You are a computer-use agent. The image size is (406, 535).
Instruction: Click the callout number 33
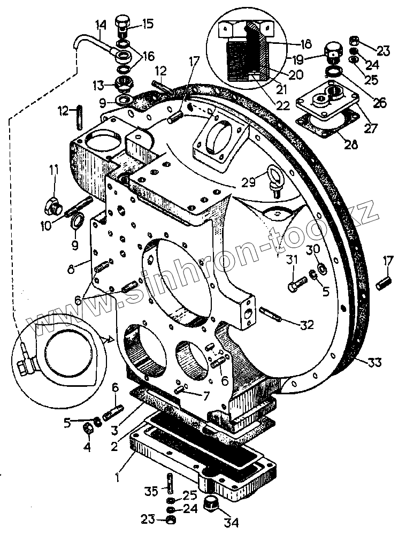tap(374, 363)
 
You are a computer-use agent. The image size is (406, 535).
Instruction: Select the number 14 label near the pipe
tap(101, 25)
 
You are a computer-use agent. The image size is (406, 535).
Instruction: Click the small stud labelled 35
tap(169, 484)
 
